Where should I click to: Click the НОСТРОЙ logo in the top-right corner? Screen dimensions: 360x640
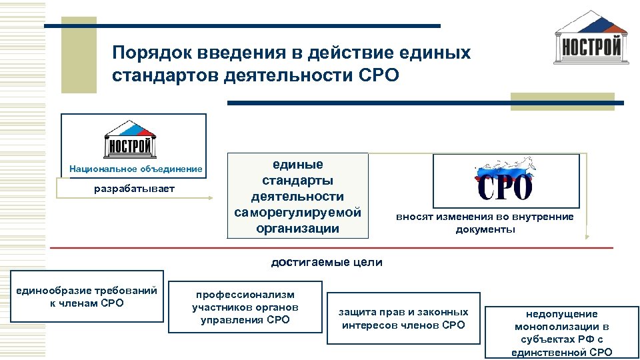(591, 39)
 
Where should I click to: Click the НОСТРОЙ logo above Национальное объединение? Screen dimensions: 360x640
(129, 138)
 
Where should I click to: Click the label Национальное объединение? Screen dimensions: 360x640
(135, 169)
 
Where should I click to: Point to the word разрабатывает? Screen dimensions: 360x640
(134, 189)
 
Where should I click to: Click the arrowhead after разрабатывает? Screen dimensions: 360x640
(213, 197)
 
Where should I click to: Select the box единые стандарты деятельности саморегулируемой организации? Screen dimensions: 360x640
(297, 196)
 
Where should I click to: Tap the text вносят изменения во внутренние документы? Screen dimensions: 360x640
(485, 223)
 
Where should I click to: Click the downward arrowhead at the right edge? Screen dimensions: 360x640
(587, 235)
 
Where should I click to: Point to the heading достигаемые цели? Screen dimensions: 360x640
(327, 262)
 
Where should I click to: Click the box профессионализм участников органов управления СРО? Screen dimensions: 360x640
(245, 307)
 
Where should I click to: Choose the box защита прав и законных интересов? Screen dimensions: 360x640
(403, 318)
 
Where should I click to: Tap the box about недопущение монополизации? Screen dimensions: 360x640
(561, 332)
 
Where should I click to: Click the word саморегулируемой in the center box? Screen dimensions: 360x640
(297, 213)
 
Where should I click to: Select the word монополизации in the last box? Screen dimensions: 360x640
(561, 327)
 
